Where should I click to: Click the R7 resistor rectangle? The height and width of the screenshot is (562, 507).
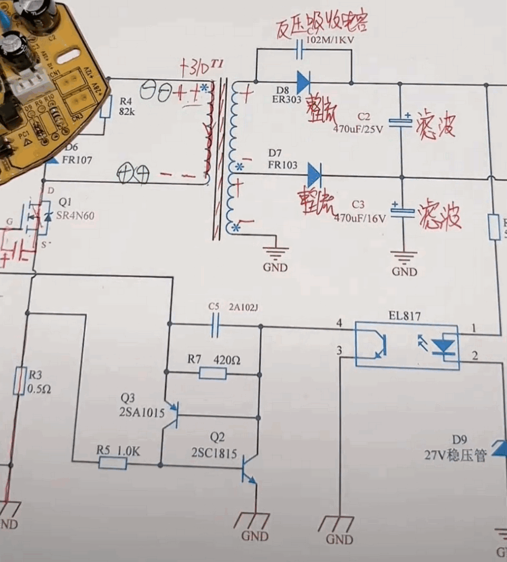coord(212,374)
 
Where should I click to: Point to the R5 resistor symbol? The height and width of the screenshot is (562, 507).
coord(113,462)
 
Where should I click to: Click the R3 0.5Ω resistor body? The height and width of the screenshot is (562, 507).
coord(19,381)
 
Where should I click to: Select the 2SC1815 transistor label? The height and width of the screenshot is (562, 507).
coord(214,453)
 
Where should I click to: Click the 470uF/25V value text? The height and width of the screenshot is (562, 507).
coord(358,128)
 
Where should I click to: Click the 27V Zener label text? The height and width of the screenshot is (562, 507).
coord(455,455)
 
